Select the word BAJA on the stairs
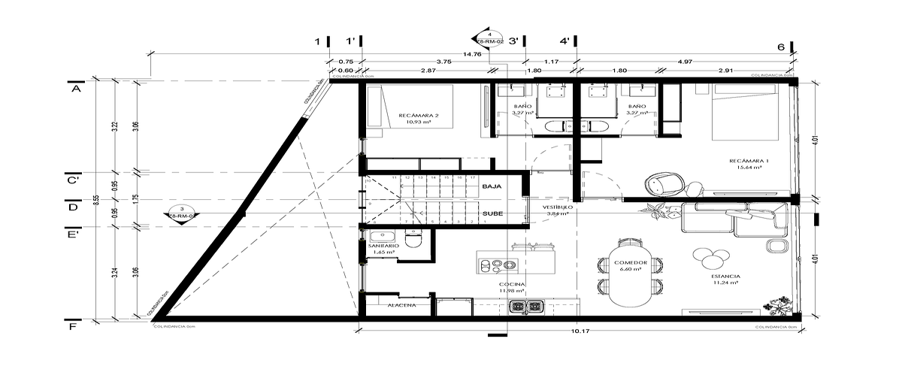point(492,186)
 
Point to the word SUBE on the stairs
point(492,213)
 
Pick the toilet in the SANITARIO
point(413,240)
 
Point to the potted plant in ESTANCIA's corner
point(776,306)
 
